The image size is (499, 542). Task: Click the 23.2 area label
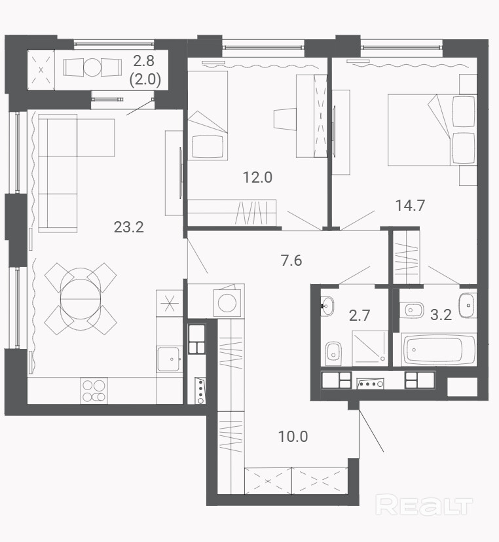tap(128, 227)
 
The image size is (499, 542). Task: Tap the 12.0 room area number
tap(257, 177)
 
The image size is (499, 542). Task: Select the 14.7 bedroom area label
tap(410, 206)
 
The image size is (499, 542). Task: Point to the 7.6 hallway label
tap(291, 261)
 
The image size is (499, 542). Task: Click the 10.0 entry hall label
tap(293, 436)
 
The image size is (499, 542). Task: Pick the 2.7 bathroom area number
tap(360, 316)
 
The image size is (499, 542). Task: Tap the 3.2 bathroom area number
tap(441, 315)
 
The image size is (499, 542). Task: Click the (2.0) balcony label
tap(145, 80)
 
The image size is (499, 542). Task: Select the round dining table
tap(81, 298)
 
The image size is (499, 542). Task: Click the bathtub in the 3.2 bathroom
tap(439, 350)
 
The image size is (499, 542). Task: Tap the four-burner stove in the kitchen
tap(94, 391)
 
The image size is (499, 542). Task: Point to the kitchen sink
tap(169, 359)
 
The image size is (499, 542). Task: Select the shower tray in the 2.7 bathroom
tap(370, 348)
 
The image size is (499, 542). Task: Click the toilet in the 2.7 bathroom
tap(333, 352)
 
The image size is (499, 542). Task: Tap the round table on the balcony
tap(92, 67)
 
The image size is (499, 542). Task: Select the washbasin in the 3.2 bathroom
tap(468, 306)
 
